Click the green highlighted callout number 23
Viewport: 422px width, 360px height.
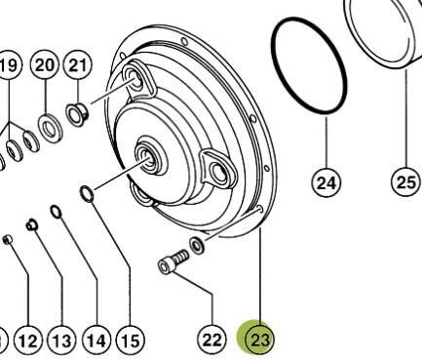tap(259, 340)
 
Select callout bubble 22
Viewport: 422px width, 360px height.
tap(211, 340)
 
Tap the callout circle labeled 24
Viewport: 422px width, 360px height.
tap(326, 182)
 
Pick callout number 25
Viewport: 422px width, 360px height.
tap(405, 182)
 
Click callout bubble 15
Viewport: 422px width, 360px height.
tap(131, 340)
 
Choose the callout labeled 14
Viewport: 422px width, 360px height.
tap(96, 340)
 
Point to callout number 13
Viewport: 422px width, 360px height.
tap(62, 341)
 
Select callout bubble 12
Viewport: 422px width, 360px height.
tap(28, 341)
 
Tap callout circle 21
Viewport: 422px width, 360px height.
tap(78, 65)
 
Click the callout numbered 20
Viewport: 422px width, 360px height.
tap(45, 64)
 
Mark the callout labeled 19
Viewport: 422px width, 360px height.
tap(9, 65)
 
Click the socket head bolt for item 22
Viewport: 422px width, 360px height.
tap(173, 261)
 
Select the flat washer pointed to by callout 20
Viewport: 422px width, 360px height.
tap(51, 128)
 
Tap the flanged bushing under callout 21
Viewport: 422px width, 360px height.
tap(78, 114)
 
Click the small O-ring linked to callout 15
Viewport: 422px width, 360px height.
tap(87, 194)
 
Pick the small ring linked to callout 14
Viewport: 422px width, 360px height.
tap(57, 212)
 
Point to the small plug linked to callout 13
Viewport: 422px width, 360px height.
tap(32, 224)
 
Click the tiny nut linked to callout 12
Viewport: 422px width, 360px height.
tap(7, 240)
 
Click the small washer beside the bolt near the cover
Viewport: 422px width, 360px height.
tap(197, 246)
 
